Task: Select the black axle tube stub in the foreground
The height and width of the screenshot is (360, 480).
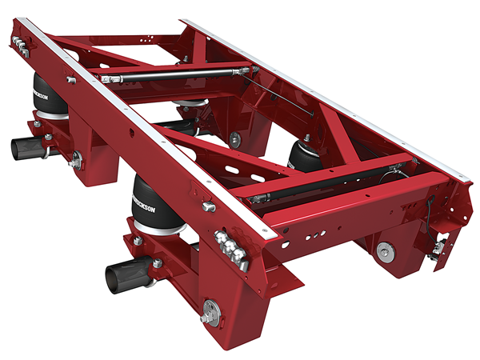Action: [x=122, y=276]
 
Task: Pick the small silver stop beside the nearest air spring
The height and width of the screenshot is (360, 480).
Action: [x=210, y=206]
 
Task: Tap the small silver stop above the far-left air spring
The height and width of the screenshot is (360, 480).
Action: [x=72, y=79]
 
